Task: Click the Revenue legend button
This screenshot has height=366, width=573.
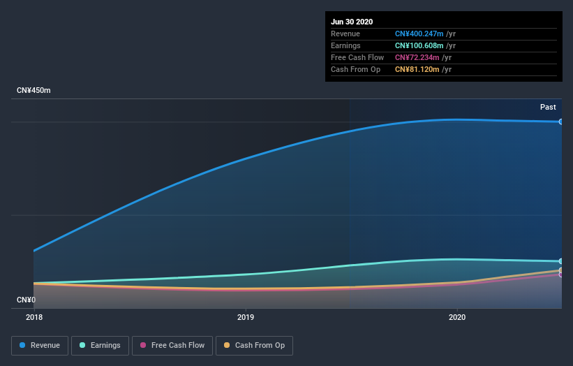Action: point(40,345)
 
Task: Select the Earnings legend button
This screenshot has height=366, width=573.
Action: point(101,345)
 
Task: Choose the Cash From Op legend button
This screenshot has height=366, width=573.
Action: point(254,345)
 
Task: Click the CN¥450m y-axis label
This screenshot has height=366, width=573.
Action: point(34,91)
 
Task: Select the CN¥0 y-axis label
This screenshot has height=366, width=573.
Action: point(26,300)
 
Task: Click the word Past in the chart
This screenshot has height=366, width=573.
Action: point(548,107)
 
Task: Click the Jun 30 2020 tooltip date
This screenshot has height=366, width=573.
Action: point(352,22)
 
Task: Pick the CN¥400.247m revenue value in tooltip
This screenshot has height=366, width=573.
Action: point(425,34)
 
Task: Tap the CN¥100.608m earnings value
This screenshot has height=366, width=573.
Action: point(425,45)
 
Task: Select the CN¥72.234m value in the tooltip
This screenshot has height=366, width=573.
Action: point(422,57)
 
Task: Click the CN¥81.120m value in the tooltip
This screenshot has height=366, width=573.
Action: point(422,69)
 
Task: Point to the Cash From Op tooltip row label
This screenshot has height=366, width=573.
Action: point(355,69)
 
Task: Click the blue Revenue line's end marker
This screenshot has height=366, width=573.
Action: point(560,122)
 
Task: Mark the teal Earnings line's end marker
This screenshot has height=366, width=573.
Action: point(560,261)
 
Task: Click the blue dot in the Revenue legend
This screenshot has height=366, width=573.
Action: point(23,345)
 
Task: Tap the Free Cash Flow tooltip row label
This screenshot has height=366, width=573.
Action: point(357,57)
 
